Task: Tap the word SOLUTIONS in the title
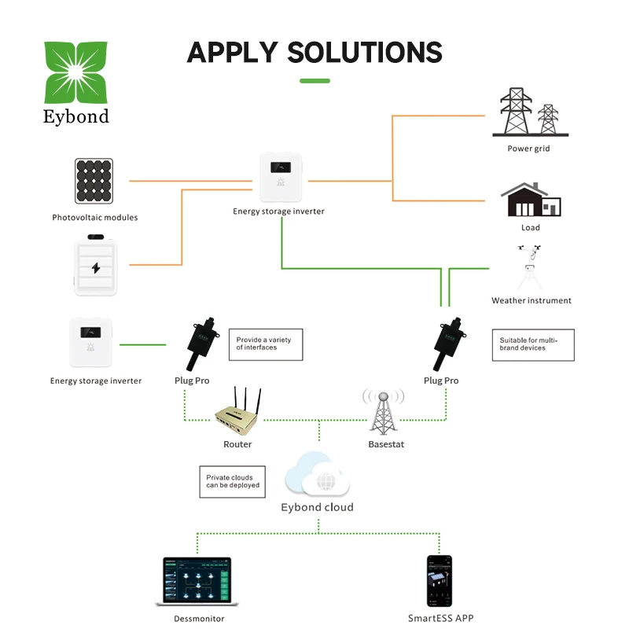click(x=365, y=53)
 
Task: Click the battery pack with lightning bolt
click(x=96, y=267)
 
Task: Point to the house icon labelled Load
click(x=531, y=200)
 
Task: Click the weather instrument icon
click(x=531, y=268)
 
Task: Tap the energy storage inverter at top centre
click(x=278, y=178)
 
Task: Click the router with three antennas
click(x=238, y=414)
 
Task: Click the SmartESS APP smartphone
click(x=440, y=580)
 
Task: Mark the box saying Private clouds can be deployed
click(x=232, y=481)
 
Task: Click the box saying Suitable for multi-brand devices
click(x=532, y=344)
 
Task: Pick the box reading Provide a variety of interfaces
click(x=265, y=344)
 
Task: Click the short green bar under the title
click(x=315, y=80)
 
